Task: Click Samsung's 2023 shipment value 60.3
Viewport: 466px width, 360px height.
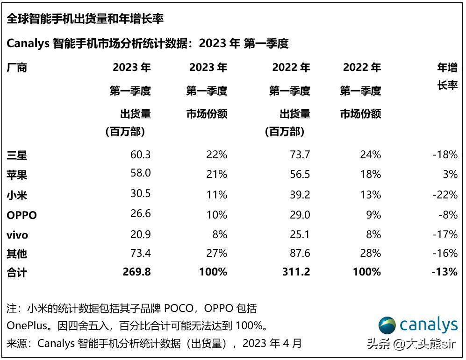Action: pos(140,155)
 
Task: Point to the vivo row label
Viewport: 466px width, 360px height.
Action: pos(18,235)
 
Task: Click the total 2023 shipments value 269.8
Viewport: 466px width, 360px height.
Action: pos(136,272)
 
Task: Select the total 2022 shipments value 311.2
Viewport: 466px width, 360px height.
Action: pos(295,272)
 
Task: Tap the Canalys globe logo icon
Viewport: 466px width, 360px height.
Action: pos(387,325)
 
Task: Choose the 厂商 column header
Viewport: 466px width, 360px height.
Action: pos(17,68)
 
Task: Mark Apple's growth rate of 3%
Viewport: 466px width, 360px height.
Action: pos(450,174)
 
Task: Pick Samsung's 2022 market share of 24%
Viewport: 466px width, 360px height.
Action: pos(370,155)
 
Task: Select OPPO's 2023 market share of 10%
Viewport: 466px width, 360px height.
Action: pos(216,215)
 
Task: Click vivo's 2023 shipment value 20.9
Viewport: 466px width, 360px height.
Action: pos(140,234)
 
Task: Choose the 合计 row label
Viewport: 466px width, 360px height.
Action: pos(17,272)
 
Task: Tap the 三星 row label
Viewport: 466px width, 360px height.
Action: pos(17,155)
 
